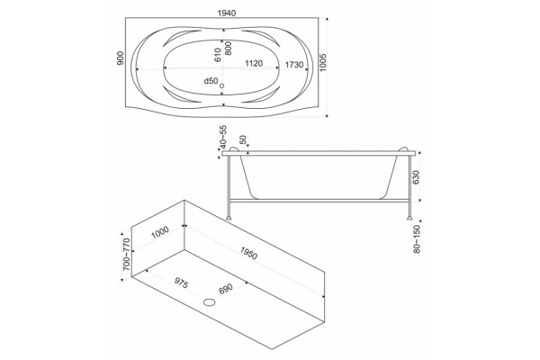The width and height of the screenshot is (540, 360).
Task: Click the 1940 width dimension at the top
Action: pyautogui.click(x=227, y=13)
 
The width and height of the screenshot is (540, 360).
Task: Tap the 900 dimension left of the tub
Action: pyautogui.click(x=121, y=58)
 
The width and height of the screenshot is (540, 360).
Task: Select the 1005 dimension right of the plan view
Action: pyautogui.click(x=323, y=62)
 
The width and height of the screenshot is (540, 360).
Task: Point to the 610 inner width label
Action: pyautogui.click(x=217, y=55)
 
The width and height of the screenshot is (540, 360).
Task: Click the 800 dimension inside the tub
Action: pyautogui.click(x=228, y=48)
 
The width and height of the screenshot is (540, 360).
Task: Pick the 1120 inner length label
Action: pyautogui.click(x=254, y=63)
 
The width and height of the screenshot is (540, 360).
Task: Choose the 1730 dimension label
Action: pyautogui.click(x=294, y=65)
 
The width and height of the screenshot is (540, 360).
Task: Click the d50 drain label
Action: pyautogui.click(x=211, y=81)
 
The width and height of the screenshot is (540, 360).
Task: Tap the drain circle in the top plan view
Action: pyautogui.click(x=221, y=85)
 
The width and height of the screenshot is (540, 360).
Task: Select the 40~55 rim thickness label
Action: pyautogui.click(x=223, y=136)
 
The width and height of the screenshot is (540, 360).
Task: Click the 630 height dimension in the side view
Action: pyautogui.click(x=416, y=177)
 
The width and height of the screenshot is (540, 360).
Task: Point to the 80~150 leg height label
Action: pyautogui.click(x=417, y=239)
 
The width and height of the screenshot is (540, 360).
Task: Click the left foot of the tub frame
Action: pyautogui.click(x=229, y=218)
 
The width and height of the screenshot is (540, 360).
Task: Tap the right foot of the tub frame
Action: pyautogui.click(x=409, y=218)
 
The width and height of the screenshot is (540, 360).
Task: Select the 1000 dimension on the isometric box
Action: pyautogui.click(x=160, y=232)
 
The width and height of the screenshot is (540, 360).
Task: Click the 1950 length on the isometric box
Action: pyautogui.click(x=248, y=253)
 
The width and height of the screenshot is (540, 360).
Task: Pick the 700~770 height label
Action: pyautogui.click(x=126, y=254)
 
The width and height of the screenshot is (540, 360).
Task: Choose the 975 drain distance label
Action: pyautogui.click(x=181, y=283)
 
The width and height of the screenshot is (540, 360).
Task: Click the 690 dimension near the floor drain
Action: pyautogui.click(x=226, y=289)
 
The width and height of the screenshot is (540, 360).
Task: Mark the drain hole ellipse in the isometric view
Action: pyautogui.click(x=210, y=302)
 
